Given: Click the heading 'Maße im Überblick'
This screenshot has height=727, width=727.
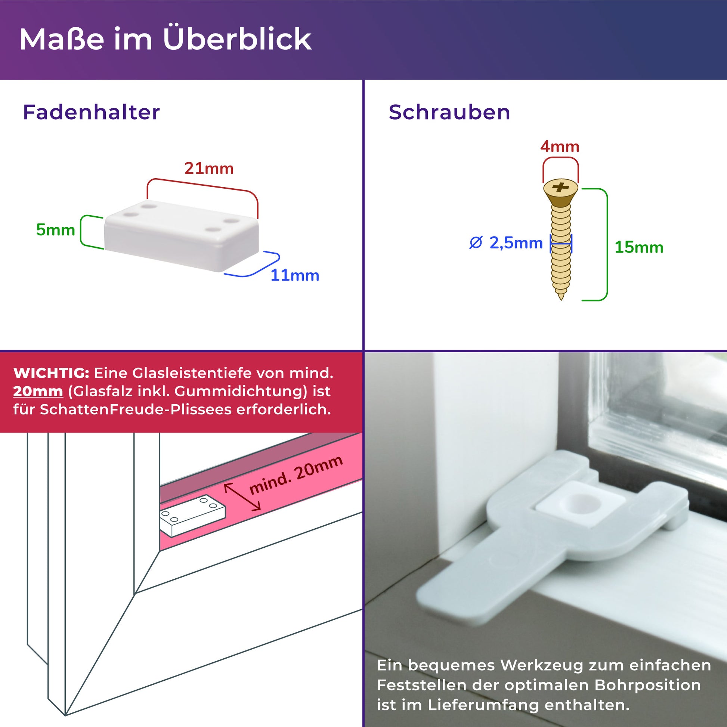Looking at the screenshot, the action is [165, 39].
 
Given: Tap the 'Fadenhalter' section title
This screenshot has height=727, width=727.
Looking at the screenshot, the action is [92, 112].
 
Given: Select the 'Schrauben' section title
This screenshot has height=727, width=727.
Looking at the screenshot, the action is [449, 112].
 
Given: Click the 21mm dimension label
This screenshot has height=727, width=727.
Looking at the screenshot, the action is [209, 168].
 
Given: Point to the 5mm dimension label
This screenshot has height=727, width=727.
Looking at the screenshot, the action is [55, 229].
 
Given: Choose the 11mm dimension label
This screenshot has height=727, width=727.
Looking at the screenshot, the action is [295, 275].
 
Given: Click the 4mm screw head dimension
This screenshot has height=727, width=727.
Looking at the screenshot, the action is [560, 146].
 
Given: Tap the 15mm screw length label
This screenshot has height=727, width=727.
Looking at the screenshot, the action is [638, 247].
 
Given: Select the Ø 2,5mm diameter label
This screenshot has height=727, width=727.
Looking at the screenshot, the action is [506, 243].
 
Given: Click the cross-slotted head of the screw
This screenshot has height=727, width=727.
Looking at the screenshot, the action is [561, 188].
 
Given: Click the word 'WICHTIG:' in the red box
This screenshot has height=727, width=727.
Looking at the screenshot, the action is [51, 373].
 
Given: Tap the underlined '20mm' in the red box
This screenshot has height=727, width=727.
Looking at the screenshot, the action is [38, 392].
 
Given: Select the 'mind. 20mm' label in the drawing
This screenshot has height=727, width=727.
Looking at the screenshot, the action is [296, 475].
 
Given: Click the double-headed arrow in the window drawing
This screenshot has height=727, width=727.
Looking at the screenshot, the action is [242, 497].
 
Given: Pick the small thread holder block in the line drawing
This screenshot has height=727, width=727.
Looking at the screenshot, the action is [193, 515].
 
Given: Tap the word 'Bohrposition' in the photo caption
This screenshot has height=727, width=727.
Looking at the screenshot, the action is [647, 685].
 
